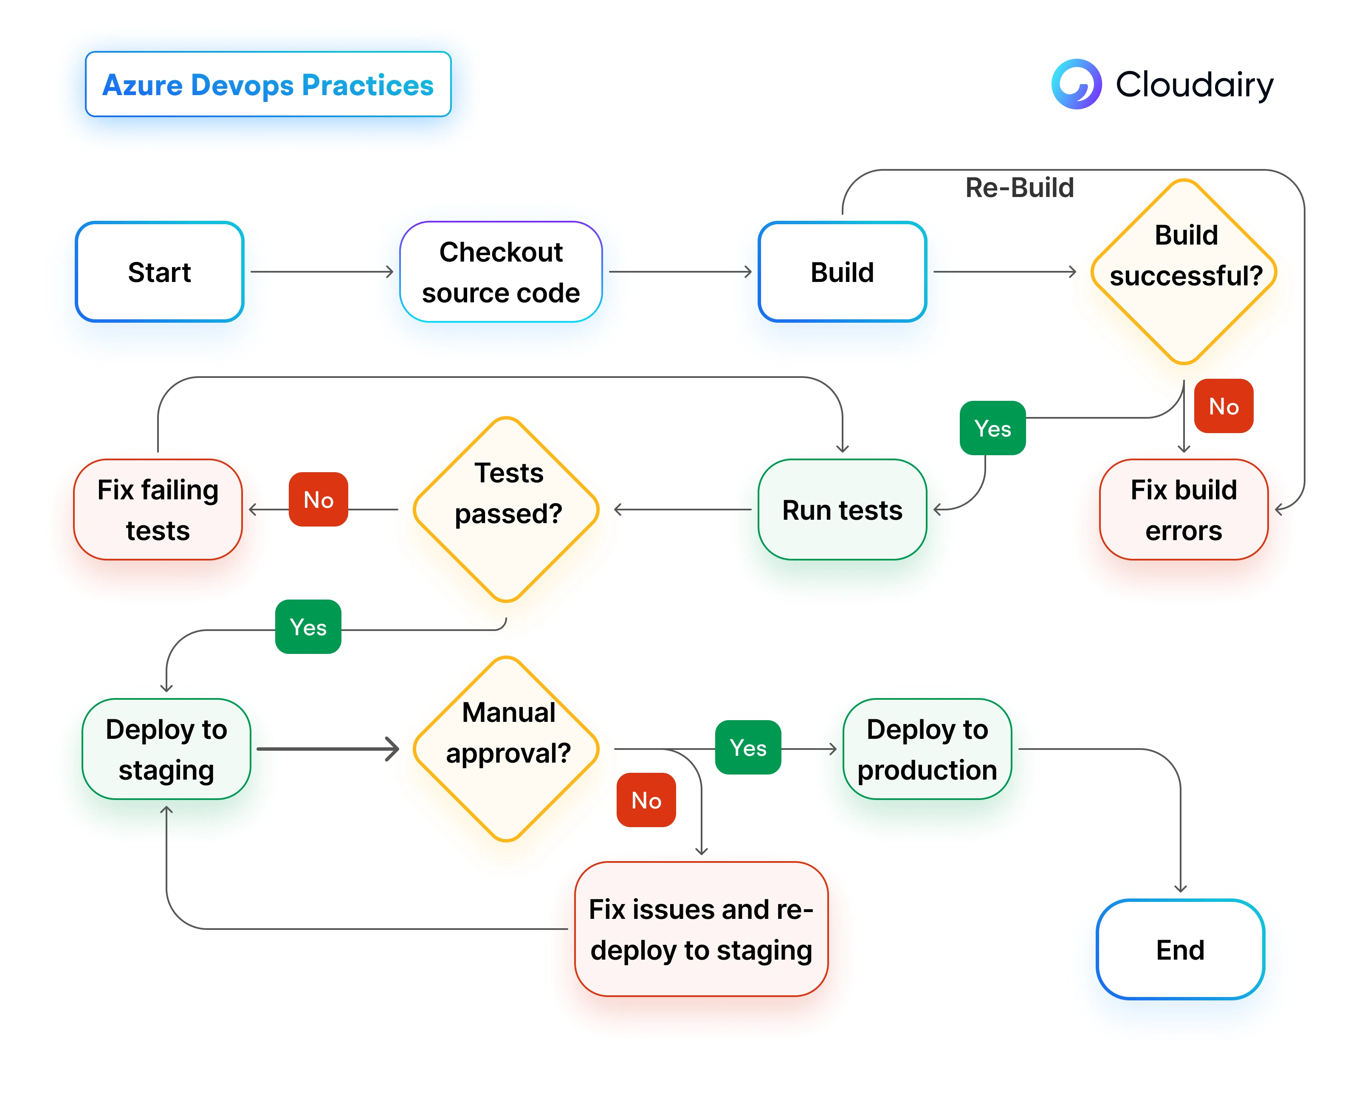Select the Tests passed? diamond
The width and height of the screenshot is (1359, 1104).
click(506, 510)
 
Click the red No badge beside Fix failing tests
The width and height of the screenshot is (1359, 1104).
click(318, 499)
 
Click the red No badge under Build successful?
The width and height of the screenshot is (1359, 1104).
click(1223, 406)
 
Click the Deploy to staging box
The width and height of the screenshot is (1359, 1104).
click(166, 749)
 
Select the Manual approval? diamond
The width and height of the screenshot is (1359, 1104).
click(506, 749)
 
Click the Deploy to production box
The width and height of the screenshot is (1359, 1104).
click(927, 749)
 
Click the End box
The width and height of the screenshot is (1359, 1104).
click(1180, 949)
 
